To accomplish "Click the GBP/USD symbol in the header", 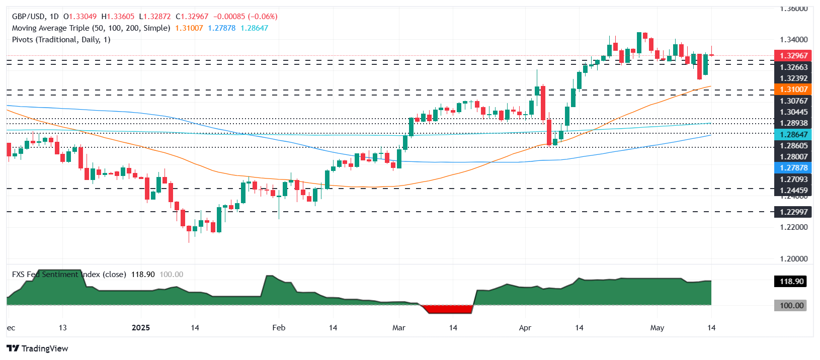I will click(28, 17).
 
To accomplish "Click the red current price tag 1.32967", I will click(793, 56).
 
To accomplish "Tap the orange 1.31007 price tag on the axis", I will click(793, 89).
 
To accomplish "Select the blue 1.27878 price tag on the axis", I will click(793, 168).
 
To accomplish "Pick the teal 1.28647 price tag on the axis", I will click(793, 135).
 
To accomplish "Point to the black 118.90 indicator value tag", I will click(791, 282).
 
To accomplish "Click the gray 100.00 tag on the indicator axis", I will click(791, 306).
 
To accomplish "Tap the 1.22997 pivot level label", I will click(793, 212).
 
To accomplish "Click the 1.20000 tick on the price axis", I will click(793, 259).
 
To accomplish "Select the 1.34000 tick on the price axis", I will click(793, 40).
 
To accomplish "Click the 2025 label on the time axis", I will click(141, 328).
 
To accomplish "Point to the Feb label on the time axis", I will click(279, 328).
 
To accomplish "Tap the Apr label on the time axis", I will click(525, 328).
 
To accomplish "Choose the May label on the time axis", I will click(657, 328).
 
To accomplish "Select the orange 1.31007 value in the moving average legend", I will click(189, 28).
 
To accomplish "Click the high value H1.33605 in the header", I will click(118, 17).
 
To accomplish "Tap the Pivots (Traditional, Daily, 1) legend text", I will click(61, 40).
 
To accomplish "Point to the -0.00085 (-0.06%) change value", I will click(245, 17).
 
